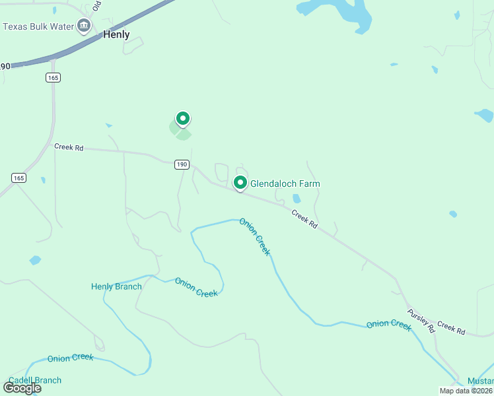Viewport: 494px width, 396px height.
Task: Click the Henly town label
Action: [x=116, y=35]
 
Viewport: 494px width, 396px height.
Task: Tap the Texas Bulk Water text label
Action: [x=38, y=26]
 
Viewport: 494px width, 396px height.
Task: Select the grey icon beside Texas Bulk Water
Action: [x=84, y=26]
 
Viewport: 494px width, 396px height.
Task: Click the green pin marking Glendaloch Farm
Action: [x=240, y=183]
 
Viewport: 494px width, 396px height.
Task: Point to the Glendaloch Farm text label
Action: [x=289, y=183]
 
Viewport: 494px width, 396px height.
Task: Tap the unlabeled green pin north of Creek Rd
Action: [x=182, y=119]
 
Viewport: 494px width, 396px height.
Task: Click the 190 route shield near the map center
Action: [x=182, y=164]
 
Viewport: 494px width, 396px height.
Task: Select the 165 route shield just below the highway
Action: [x=53, y=78]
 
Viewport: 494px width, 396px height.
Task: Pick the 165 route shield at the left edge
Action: [x=18, y=178]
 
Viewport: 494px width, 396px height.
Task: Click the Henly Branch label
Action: [x=116, y=286]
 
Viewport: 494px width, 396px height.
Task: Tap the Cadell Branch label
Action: [x=35, y=380]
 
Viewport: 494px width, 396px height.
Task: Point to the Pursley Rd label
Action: [x=421, y=321]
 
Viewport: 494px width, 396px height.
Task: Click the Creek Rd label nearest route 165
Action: [x=69, y=148]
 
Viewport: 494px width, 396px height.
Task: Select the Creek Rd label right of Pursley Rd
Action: [x=451, y=327]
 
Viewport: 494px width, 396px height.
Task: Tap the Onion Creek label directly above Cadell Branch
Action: [x=70, y=358]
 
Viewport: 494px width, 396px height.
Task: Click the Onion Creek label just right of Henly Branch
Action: [x=196, y=287]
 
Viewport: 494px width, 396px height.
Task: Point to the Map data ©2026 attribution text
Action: [x=466, y=391]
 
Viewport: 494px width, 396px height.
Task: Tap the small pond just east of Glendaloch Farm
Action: [x=297, y=199]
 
